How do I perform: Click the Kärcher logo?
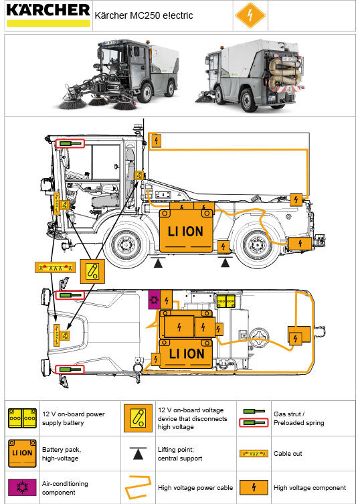coord(48,14)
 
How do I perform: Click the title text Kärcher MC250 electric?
coord(144,15)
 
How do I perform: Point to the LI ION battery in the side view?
coord(185,231)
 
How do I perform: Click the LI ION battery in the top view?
coord(185,352)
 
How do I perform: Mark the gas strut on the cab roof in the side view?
coord(69,143)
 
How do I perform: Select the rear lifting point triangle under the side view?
coord(226,262)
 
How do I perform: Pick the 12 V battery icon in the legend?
coord(23,418)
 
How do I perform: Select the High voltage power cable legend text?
coord(195,487)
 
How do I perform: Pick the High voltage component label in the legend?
coord(310,487)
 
